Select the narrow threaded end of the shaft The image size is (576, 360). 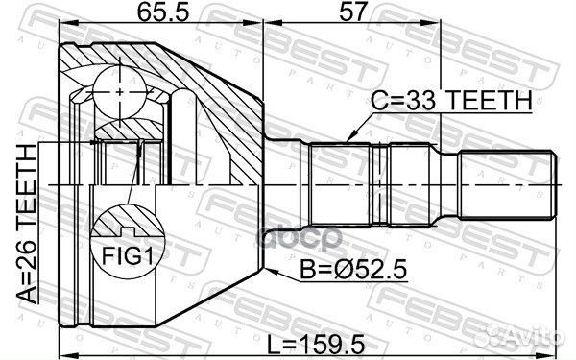[504, 183]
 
